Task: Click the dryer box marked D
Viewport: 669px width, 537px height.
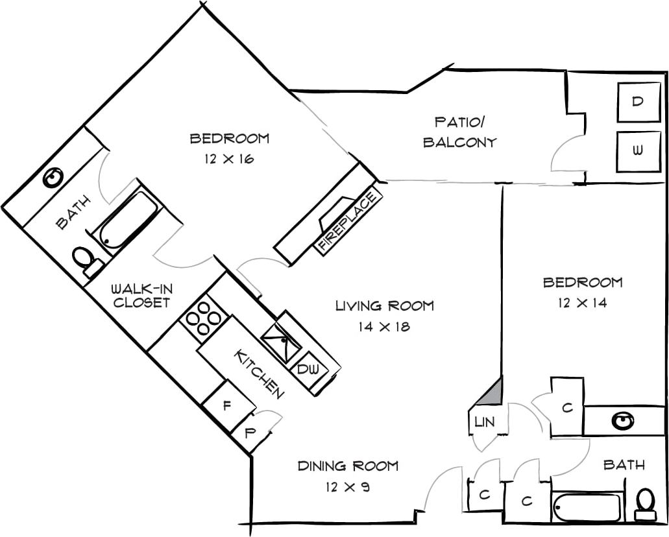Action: [639, 102]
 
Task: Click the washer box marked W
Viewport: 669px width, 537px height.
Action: [638, 151]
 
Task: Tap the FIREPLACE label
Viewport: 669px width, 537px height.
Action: [348, 220]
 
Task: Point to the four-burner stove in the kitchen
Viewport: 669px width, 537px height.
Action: [204, 318]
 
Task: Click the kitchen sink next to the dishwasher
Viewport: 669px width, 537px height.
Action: [281, 338]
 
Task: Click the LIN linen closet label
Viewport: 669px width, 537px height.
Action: [484, 422]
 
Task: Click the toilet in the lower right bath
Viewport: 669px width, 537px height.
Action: [645, 502]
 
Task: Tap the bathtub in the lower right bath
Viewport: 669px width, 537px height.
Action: [587, 507]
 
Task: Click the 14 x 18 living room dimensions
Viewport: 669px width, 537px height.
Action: [384, 327]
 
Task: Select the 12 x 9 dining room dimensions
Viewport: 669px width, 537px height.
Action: [348, 486]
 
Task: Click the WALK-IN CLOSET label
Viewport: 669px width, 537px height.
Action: [140, 296]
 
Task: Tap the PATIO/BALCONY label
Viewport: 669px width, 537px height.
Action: [460, 132]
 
